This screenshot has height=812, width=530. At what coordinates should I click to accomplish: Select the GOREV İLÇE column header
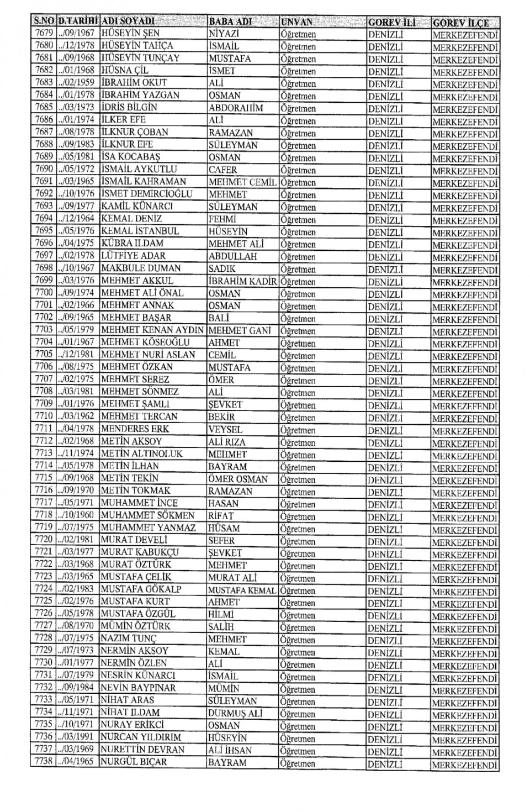[460, 23]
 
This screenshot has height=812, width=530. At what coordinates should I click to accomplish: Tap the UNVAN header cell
[296, 22]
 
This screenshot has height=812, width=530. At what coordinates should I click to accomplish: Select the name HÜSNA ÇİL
[125, 71]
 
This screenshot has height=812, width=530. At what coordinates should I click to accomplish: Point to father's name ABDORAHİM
[235, 108]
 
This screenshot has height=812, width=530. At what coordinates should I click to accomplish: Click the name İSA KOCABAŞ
[131, 157]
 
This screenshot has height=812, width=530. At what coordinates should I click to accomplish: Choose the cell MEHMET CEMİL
[243, 182]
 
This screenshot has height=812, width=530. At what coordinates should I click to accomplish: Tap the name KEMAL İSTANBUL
[140, 231]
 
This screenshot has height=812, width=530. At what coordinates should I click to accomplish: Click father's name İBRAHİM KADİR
[242, 281]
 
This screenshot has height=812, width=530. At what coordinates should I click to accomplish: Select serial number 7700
[44, 293]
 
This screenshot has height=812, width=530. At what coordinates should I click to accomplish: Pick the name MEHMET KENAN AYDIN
[152, 330]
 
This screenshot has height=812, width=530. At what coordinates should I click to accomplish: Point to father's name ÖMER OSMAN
[238, 479]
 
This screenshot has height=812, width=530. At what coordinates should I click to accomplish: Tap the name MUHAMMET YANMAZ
[149, 528]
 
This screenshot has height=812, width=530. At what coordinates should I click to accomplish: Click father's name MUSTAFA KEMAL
[242, 590]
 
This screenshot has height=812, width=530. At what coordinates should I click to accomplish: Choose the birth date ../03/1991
[78, 737]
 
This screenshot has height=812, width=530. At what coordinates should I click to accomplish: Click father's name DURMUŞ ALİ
[235, 713]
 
